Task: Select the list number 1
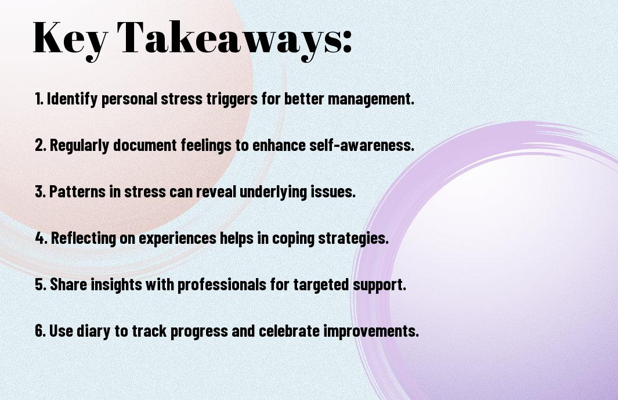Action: [39, 99]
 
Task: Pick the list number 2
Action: [40, 145]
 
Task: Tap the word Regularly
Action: [79, 146]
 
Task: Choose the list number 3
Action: [40, 192]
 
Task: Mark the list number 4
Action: [41, 238]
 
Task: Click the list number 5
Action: [41, 284]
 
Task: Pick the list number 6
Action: [40, 331]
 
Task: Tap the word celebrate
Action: [289, 331]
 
